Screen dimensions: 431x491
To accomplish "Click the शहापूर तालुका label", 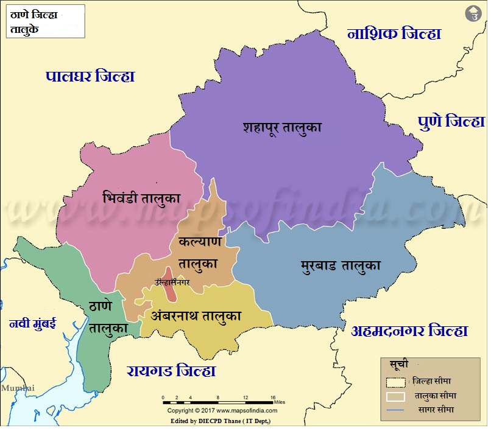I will pos(281,127).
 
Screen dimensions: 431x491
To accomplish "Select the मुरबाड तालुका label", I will pos(341,265).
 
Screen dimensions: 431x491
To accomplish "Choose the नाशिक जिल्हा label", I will pos(394,33).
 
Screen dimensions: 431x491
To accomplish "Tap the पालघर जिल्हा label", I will pos(90,76).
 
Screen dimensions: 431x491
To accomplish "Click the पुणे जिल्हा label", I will pos(451,121).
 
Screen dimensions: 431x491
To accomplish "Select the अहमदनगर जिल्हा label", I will pos(409,331).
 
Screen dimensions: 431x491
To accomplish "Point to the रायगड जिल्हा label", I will pos(171,371).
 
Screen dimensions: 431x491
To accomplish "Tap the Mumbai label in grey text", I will pos(18,388).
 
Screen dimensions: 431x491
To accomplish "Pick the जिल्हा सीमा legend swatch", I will pos(395,382).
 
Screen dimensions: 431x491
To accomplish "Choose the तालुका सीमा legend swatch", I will pos(395,396).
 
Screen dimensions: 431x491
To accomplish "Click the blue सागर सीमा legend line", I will pos(395,411).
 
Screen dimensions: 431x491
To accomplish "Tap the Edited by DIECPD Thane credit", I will pos(221,421).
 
